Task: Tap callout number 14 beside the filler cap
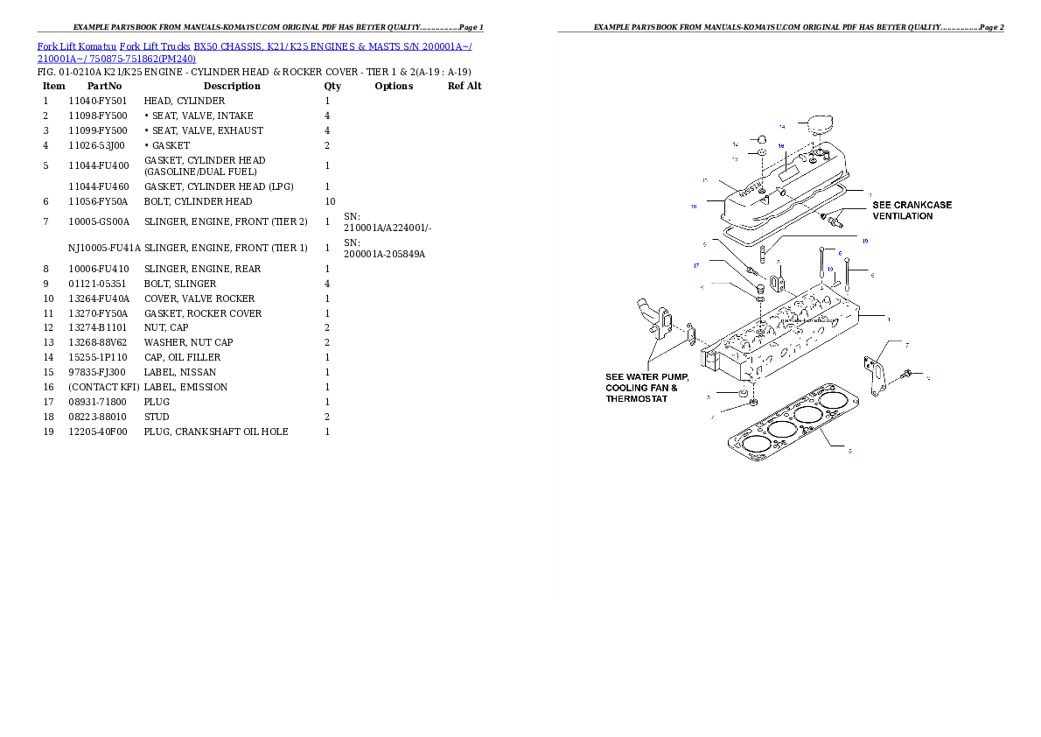click(x=781, y=127)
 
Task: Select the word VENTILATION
click(x=903, y=216)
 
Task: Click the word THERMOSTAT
click(x=637, y=399)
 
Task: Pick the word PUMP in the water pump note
click(x=672, y=377)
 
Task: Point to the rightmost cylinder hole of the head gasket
click(x=838, y=402)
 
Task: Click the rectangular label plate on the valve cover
click(x=788, y=170)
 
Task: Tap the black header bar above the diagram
click(x=780, y=32)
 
